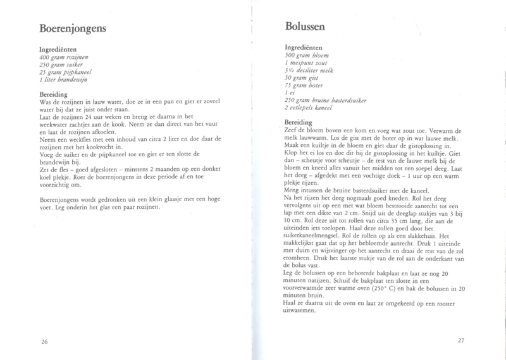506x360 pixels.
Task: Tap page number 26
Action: pyautogui.click(x=44, y=342)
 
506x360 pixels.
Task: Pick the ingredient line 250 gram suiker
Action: pyautogui.click(x=62, y=65)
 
